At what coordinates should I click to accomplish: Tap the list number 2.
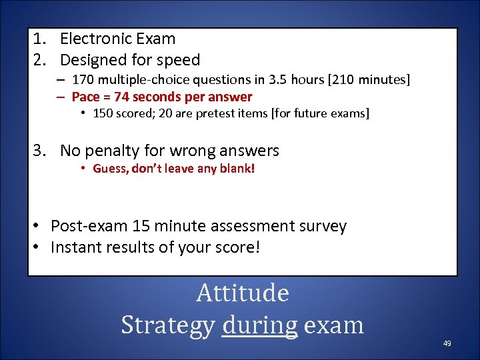[39, 60]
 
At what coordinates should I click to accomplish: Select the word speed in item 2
[178, 60]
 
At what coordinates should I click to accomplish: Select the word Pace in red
[85, 97]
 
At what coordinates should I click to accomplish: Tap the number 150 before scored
[103, 113]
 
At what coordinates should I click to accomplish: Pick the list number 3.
[39, 151]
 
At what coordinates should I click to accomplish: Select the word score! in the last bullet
[236, 247]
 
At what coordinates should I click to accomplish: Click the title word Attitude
[243, 293]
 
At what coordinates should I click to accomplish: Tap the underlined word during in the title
[260, 325]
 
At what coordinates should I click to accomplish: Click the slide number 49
[447, 343]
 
